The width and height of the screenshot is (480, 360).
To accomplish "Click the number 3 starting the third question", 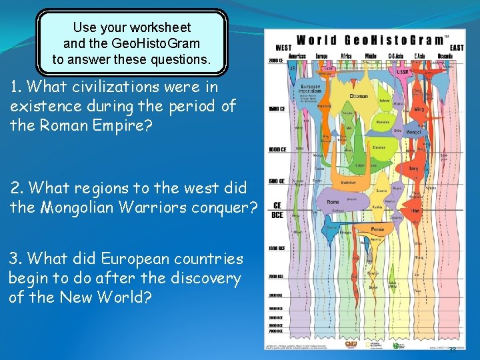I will (x=14, y=259).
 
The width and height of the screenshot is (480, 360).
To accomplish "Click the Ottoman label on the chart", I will (x=359, y=96).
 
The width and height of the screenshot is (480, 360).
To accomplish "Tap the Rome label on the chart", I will (x=333, y=202).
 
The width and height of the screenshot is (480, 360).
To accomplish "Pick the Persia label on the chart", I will (x=377, y=228).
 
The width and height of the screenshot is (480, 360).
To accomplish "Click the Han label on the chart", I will (x=415, y=211).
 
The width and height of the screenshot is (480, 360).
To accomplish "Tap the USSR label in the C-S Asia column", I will (x=402, y=71).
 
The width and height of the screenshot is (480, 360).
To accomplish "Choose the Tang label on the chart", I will (x=414, y=169).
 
